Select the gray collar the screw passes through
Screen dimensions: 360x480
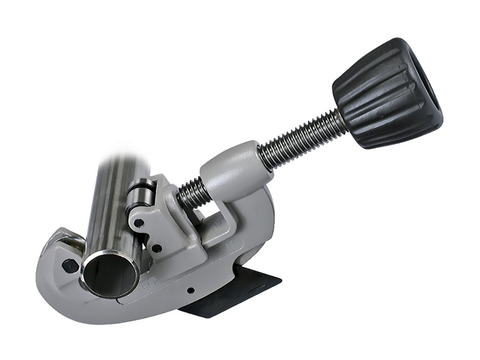[231, 171]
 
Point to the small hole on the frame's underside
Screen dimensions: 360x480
[191, 291]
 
